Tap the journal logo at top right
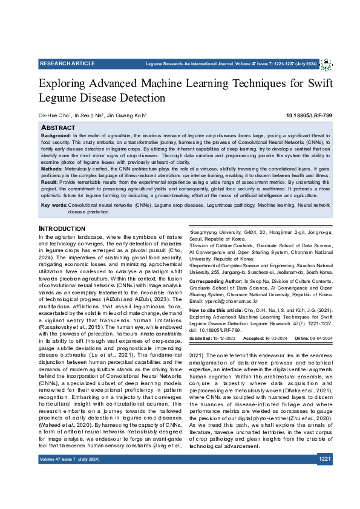click(326, 64)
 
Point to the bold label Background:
click(56, 137)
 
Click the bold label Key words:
click(54, 206)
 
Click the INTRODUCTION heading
click(62, 229)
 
